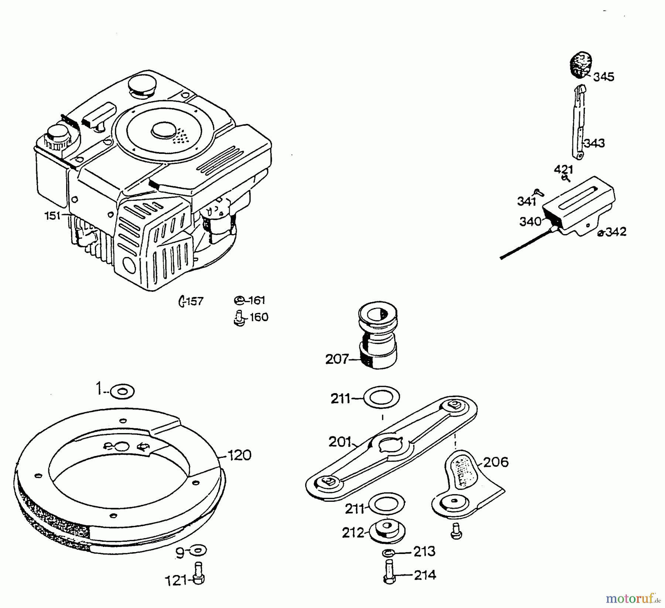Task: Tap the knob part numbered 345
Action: (580, 65)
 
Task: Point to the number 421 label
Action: (563, 170)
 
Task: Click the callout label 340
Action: (530, 222)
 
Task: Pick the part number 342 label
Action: (616, 232)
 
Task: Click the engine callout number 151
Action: (52, 216)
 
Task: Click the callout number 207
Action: (337, 359)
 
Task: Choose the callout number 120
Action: (239, 455)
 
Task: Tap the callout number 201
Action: (340, 442)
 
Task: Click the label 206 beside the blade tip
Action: (496, 462)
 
